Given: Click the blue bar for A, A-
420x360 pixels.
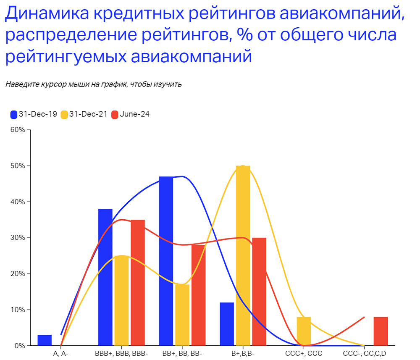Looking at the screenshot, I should pos(45,340).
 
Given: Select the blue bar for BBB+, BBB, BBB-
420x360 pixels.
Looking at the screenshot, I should pos(105,277).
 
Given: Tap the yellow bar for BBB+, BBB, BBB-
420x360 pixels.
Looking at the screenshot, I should pos(121,300).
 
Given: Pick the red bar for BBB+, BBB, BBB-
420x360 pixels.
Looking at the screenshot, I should pos(138,282).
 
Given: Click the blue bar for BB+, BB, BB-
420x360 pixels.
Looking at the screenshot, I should pos(166,261).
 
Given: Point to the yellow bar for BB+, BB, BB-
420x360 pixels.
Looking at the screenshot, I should pos(182,315).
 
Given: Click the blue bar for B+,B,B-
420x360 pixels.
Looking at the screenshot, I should pos(227,324).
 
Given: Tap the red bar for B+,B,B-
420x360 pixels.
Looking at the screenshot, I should pos(259,292).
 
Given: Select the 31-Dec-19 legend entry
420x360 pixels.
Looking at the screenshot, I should pos(34,114).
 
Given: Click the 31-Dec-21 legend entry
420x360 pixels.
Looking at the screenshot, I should pos(84,114).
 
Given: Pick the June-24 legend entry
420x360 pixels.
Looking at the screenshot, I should pos(130,114).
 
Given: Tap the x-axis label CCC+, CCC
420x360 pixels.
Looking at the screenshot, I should pos(304,354).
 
